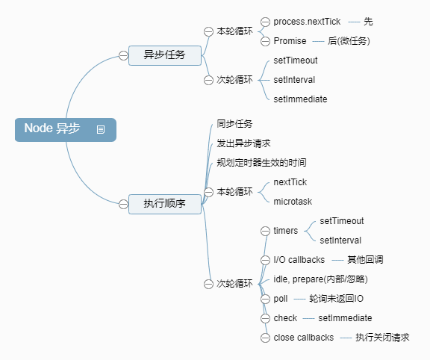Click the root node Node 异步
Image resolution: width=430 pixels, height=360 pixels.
(x=52, y=129)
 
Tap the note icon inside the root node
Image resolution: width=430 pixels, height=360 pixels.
(x=101, y=130)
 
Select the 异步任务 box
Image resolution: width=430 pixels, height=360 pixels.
(x=164, y=55)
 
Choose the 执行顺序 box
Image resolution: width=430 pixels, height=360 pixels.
(x=164, y=203)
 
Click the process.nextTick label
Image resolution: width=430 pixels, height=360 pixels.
(x=307, y=22)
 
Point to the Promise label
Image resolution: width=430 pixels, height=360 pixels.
(x=290, y=40)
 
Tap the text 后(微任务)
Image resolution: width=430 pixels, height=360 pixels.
(x=349, y=40)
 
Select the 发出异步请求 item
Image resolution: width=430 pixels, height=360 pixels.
(x=243, y=143)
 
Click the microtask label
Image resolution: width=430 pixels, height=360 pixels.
(x=293, y=201)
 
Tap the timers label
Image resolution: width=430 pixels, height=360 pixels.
(x=286, y=231)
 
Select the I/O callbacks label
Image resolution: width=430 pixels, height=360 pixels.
(x=298, y=260)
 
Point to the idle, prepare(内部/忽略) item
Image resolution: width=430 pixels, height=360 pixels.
(x=320, y=279)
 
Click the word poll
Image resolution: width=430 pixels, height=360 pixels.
(x=281, y=299)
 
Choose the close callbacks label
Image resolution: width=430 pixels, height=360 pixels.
(x=303, y=338)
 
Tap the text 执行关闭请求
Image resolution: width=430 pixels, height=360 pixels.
(x=382, y=338)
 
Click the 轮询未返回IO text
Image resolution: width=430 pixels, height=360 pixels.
(x=337, y=299)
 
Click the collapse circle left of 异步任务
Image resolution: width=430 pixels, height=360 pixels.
(x=123, y=55)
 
